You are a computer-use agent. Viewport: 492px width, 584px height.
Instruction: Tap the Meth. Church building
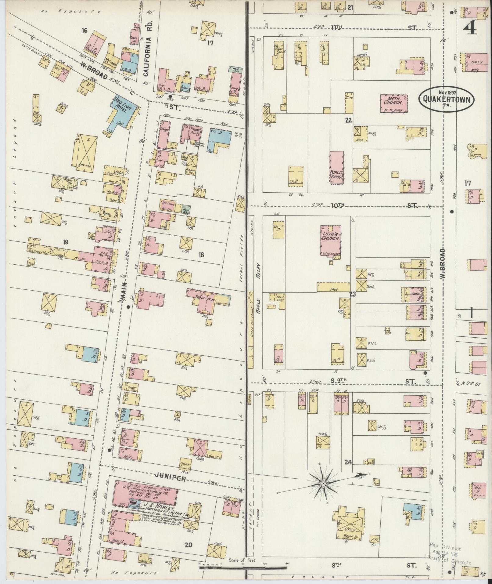point(394,102)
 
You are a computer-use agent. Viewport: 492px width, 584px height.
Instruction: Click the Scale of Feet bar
point(243,567)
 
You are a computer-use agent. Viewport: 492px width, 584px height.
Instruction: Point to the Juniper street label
point(171,478)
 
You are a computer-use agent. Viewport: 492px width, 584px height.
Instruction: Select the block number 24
point(348,470)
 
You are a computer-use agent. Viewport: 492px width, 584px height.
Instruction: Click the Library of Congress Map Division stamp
point(448,554)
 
